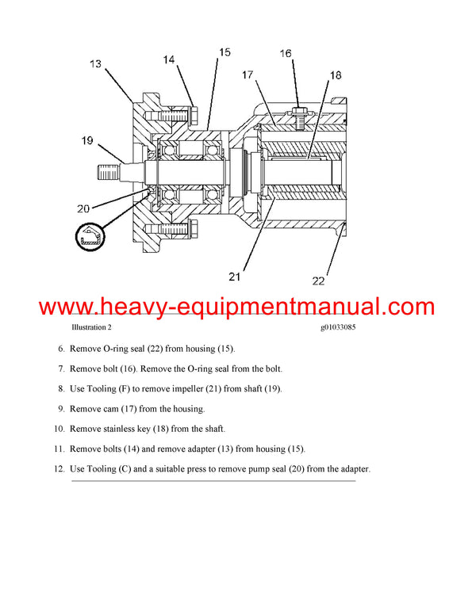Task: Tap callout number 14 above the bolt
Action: click(x=171, y=59)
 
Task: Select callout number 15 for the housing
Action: click(x=225, y=52)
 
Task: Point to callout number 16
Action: click(x=286, y=53)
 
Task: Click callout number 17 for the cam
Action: click(x=248, y=75)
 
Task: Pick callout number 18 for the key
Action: click(x=336, y=75)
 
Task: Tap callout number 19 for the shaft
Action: click(x=88, y=141)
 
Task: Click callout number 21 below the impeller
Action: click(x=234, y=277)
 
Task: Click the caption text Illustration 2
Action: click(x=91, y=327)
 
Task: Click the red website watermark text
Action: click(x=236, y=307)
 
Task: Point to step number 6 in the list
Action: click(x=60, y=349)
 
